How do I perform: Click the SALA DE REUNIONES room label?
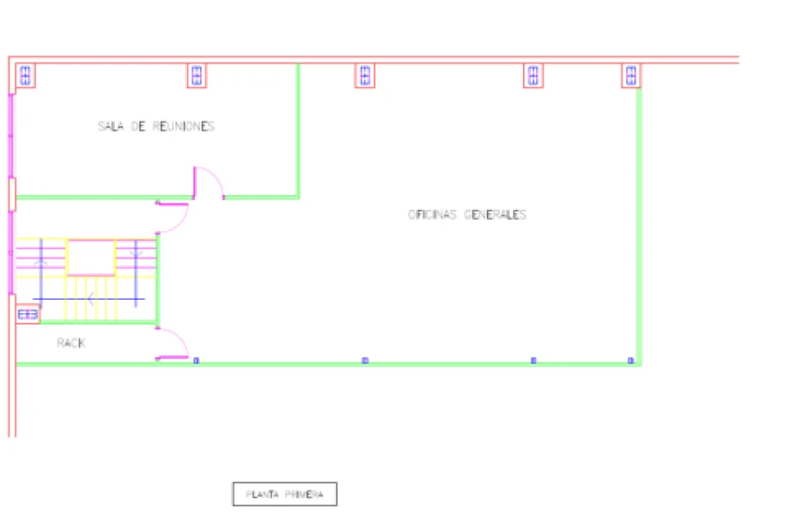pos(156,126)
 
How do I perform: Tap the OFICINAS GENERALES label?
pos(466,214)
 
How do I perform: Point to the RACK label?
pos(71,343)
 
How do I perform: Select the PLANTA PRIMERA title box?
pos(285,495)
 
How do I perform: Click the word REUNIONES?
pos(183,126)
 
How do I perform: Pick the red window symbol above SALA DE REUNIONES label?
pos(197,76)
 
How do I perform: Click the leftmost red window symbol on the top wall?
pos(26,76)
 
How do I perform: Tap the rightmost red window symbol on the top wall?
pos(631,76)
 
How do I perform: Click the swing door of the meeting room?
pos(209,182)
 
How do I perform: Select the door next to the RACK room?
pos(173,344)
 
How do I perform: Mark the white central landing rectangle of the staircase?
pos(92,257)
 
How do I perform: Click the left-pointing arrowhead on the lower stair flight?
pos(90,299)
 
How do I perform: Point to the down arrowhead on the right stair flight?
pos(136,255)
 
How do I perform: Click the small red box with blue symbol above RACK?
pos(27,313)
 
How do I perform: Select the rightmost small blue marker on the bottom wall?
pos(630,360)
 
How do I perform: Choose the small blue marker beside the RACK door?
pos(196,360)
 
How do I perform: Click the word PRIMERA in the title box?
pos(305,495)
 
